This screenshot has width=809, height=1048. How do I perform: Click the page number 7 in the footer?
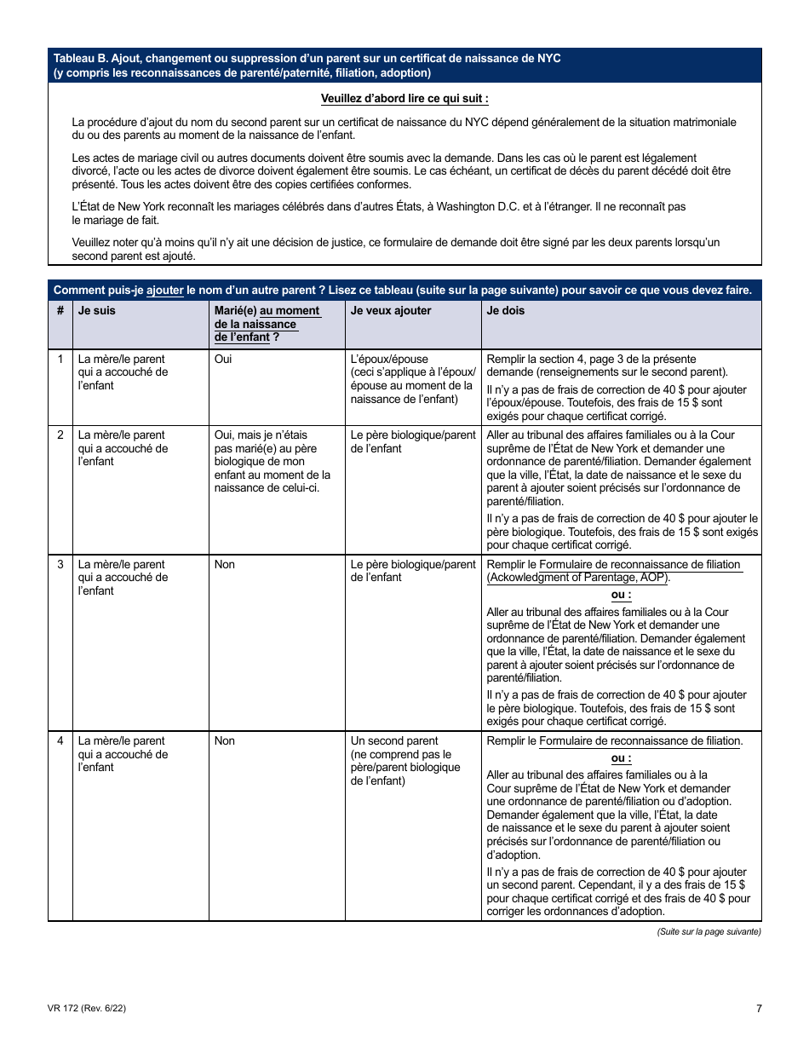758,1009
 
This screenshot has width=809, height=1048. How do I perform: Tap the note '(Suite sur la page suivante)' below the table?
709,931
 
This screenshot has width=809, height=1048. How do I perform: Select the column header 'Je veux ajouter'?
391,311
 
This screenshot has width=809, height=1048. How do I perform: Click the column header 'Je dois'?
506,311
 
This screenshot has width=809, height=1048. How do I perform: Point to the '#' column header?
60,311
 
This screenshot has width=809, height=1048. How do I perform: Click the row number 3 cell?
60,564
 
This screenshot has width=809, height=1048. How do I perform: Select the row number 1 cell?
60,360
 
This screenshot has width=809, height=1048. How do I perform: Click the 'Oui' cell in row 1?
223,360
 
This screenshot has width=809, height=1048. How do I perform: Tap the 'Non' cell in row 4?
225,740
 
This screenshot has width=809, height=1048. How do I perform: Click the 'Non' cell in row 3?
225,564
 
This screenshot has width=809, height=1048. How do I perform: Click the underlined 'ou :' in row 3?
622,595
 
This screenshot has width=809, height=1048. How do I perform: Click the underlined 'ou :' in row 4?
622,758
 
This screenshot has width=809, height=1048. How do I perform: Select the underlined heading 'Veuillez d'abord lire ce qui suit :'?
404,99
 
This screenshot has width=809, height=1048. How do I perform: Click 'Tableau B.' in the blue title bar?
81,58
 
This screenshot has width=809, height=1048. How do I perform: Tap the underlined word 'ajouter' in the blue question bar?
165,290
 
